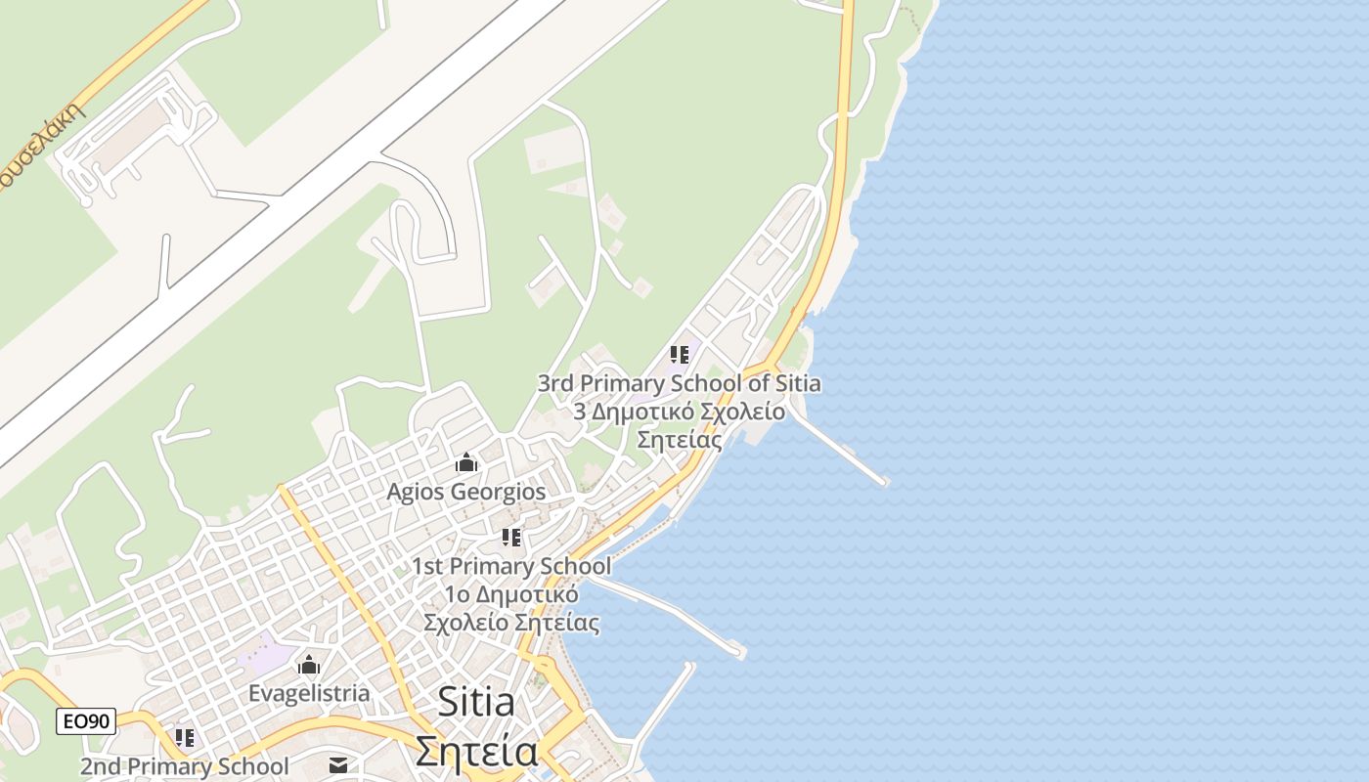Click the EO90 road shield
tap(86, 722)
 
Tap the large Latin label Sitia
tap(476, 702)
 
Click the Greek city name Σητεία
tap(476, 751)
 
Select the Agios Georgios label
tap(466, 492)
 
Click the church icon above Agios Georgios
tap(466, 462)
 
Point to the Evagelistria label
tap(309, 694)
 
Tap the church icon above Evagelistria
tap(309, 666)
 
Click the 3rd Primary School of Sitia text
tap(679, 383)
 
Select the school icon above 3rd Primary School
tap(679, 355)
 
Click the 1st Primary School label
tap(510, 566)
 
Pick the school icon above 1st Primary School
tap(510, 537)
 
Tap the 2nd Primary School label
tap(185, 766)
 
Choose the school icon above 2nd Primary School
tap(184, 738)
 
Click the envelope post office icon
tap(338, 764)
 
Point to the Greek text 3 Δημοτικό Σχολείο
tap(679, 412)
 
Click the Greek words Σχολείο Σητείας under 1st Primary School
tap(510, 623)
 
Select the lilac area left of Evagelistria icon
tap(264, 653)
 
